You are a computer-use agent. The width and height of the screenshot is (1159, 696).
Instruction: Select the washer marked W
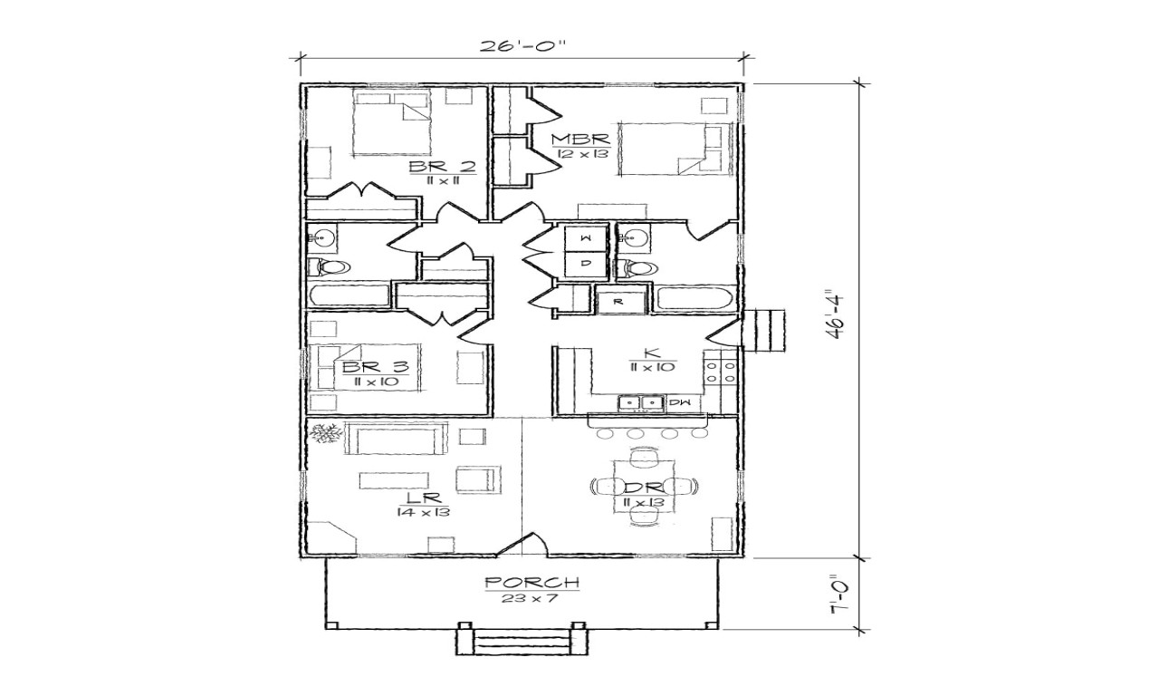click(586, 238)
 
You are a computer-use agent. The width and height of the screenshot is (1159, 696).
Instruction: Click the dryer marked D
click(586, 264)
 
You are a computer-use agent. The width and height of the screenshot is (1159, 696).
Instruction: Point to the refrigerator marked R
click(620, 299)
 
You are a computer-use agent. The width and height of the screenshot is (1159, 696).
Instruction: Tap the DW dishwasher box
click(679, 401)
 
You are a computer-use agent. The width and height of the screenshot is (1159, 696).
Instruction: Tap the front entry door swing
click(523, 544)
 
